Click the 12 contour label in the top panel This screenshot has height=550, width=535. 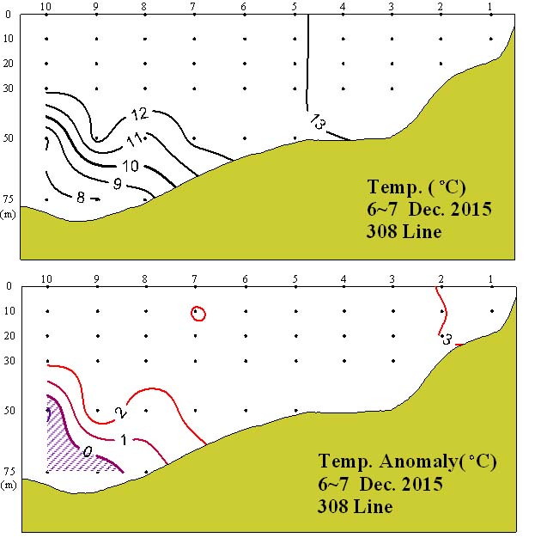pyautogui.click(x=140, y=113)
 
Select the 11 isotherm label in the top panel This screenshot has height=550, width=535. pyautogui.click(x=136, y=140)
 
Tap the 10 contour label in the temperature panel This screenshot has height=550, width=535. pyautogui.click(x=131, y=165)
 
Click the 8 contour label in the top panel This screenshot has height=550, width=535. pyautogui.click(x=81, y=198)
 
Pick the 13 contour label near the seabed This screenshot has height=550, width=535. pyautogui.click(x=318, y=122)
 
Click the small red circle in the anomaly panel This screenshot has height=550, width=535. pyautogui.click(x=198, y=314)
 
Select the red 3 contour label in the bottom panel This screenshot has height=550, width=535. pyautogui.click(x=447, y=340)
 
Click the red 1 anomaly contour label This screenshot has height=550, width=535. pyautogui.click(x=125, y=440)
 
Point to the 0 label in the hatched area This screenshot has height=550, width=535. pyautogui.click(x=86, y=449)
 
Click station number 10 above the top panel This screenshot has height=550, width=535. pyautogui.click(x=46, y=8)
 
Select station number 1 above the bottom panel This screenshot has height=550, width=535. pyautogui.click(x=489, y=279)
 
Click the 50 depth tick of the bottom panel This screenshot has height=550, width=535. pyautogui.click(x=10, y=411)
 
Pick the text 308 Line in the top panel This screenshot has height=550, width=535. pyautogui.click(x=404, y=232)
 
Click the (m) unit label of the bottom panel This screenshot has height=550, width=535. pyautogui.click(x=10, y=485)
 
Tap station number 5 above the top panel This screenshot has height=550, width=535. pyautogui.click(x=294, y=8)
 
